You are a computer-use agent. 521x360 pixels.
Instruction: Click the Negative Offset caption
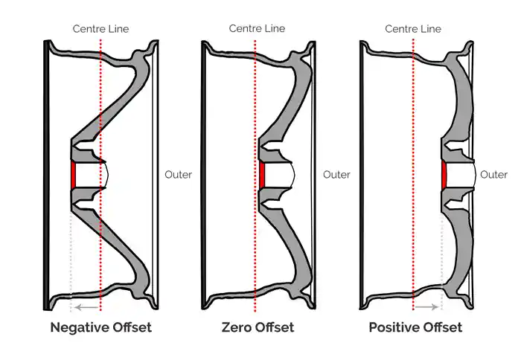pyautogui.click(x=100, y=327)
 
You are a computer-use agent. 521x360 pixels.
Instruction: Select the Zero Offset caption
pyautogui.click(x=258, y=327)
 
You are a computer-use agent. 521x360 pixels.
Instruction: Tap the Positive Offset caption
pyautogui.click(x=415, y=327)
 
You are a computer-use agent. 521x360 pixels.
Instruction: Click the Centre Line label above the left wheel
pyautogui.click(x=100, y=28)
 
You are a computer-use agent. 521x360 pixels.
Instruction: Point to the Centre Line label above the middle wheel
pyautogui.click(x=257, y=28)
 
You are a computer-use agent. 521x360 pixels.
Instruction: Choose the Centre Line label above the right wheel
pyautogui.click(x=413, y=28)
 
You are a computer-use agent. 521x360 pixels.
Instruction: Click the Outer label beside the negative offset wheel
pyautogui.click(x=178, y=175)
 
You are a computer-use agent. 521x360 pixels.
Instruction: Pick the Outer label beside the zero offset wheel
pyautogui.click(x=336, y=175)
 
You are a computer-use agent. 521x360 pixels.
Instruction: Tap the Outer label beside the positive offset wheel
pyautogui.click(x=493, y=175)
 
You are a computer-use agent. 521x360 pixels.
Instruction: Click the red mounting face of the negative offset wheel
pyautogui.click(x=73, y=175)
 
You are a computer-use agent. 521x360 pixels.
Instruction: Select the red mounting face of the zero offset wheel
pyautogui.click(x=263, y=175)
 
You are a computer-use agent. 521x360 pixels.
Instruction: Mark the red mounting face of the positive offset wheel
pyautogui.click(x=444, y=175)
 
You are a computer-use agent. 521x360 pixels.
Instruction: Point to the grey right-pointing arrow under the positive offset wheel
pyautogui.click(x=427, y=306)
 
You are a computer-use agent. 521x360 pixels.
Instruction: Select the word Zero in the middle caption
pyautogui.click(x=237, y=327)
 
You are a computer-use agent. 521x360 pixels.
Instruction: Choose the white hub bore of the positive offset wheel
pyautogui.click(x=460, y=175)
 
